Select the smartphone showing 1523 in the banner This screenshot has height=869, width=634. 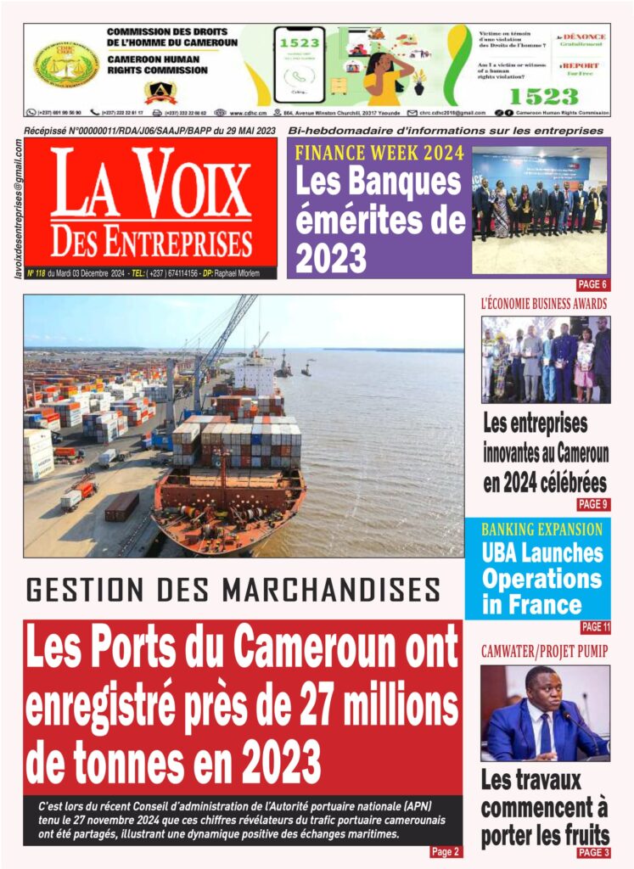pos(299,64)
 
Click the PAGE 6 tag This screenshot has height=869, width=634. pos(592,284)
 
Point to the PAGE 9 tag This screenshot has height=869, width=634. pos(592,504)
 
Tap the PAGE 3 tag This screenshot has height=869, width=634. pos(593,852)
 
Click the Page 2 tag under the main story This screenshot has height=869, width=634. pos(445,852)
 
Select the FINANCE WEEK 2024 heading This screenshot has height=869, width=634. pos(379,154)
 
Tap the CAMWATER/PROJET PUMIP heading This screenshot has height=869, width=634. pos(544,651)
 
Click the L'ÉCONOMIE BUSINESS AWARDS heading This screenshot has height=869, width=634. pos(543,303)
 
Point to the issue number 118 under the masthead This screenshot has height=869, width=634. pos(38,273)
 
